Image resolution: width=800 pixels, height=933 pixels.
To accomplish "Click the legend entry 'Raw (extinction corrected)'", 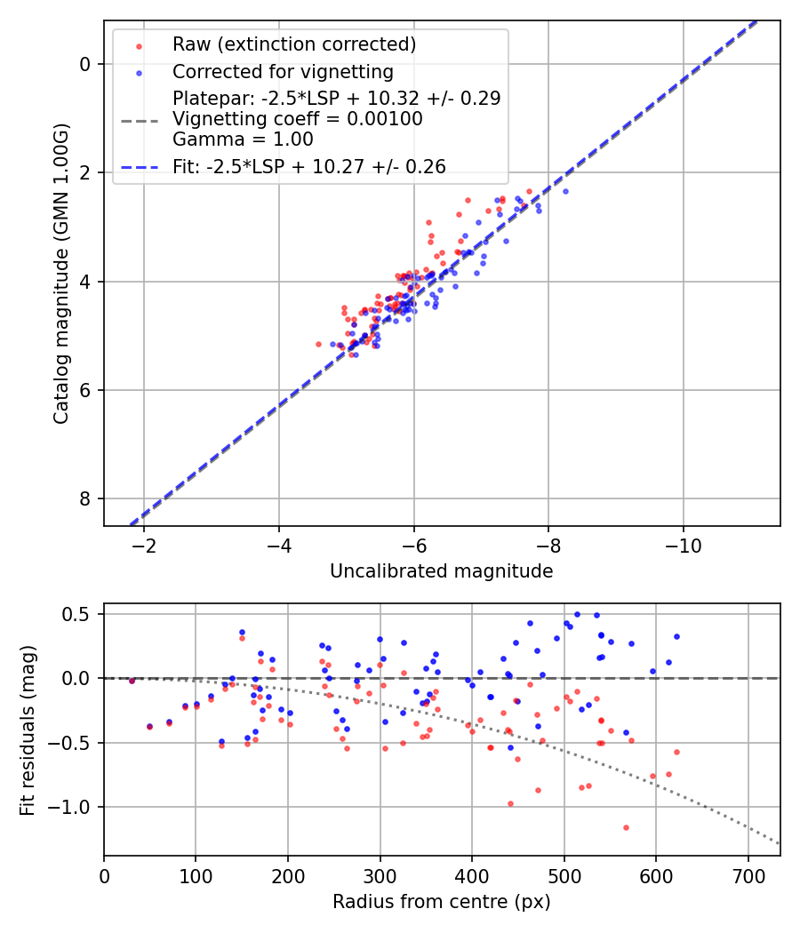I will tap(293, 44).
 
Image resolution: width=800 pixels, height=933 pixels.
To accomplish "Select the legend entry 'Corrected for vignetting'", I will tap(283, 71).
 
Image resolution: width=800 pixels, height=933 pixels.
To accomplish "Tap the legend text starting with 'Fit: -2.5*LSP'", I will tap(308, 166).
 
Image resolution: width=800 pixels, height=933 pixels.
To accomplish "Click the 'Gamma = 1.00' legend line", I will tap(243, 139).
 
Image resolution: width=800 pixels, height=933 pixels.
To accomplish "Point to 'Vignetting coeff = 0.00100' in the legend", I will tap(297, 119).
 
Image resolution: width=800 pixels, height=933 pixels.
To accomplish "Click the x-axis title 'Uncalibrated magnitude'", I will tap(441, 571).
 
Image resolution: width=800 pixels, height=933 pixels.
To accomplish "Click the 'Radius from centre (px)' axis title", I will tap(441, 902).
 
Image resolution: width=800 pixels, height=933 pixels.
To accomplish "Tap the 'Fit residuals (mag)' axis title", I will tap(28, 730).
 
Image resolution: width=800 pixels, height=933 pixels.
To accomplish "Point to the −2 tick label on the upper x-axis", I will tap(143, 544).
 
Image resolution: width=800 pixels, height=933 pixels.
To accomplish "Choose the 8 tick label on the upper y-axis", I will tap(85, 498).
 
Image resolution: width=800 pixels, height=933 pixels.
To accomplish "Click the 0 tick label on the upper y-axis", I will tap(85, 64).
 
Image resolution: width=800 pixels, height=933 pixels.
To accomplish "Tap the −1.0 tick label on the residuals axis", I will tap(72, 807).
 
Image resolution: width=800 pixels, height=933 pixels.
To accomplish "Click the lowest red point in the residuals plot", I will tap(626, 827).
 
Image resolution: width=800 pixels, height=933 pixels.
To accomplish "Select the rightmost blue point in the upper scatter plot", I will tap(565, 191).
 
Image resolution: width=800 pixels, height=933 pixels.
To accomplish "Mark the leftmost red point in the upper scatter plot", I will tap(318, 344).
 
